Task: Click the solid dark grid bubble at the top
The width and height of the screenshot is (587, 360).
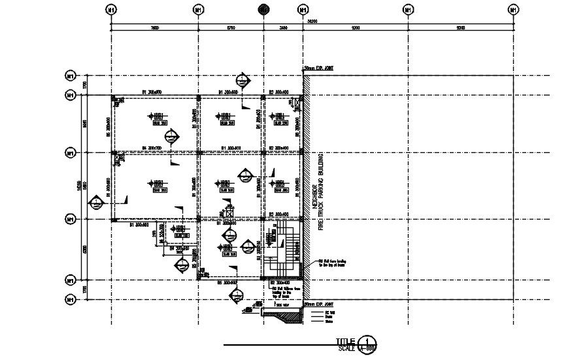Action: coord(263,10)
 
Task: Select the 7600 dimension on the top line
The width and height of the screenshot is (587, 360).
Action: coord(154,28)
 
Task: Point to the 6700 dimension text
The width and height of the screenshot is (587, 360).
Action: coord(230,28)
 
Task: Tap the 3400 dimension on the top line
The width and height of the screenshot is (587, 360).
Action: coord(282,28)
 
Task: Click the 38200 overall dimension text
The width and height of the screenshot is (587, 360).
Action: coord(312,22)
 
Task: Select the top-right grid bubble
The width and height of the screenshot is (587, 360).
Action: coord(514,10)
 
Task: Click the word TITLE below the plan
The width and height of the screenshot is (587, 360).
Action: coord(346,341)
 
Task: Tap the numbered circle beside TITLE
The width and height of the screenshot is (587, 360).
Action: coord(369,342)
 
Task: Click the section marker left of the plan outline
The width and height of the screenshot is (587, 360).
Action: coord(97,202)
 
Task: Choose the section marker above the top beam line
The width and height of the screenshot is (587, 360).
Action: coord(243,81)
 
